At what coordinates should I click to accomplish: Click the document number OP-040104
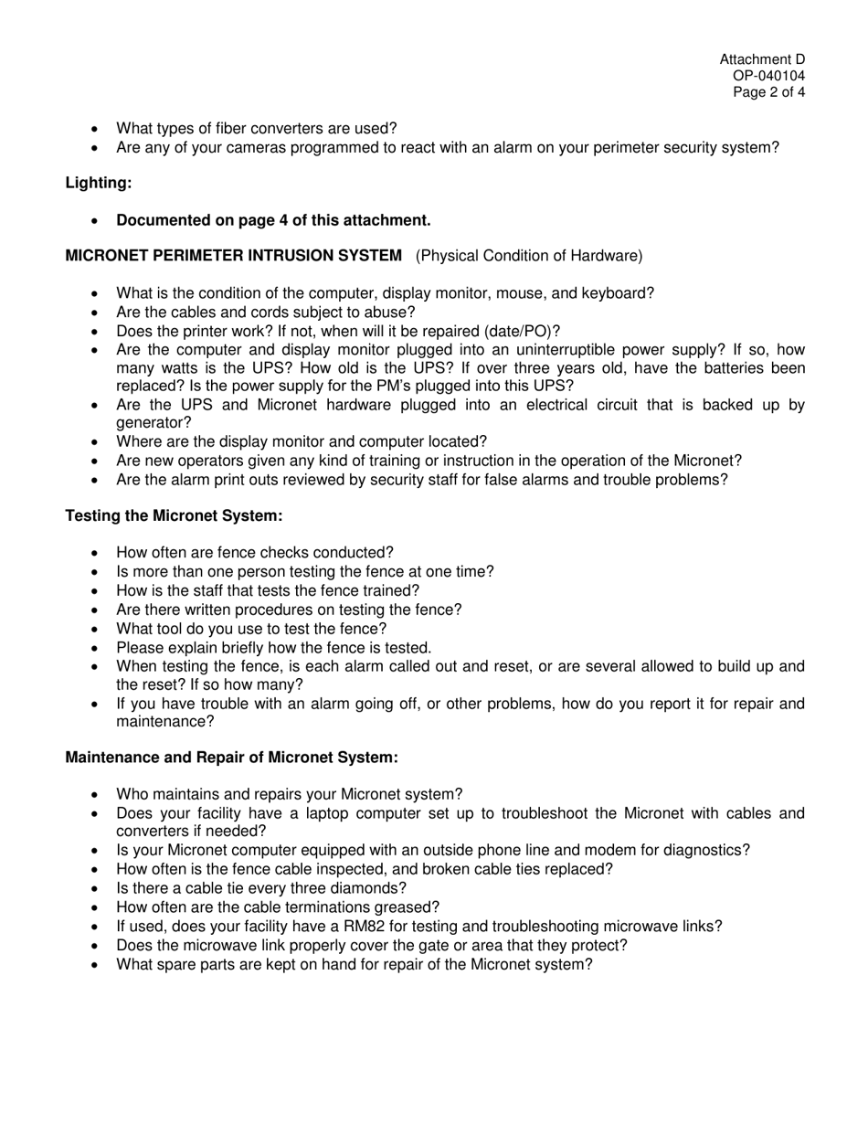(x=768, y=76)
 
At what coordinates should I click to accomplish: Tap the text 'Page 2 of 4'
(x=768, y=92)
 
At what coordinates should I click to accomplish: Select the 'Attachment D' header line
(x=762, y=59)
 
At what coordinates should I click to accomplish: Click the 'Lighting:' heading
(x=99, y=183)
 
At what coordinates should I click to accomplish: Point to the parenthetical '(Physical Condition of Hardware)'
(x=529, y=256)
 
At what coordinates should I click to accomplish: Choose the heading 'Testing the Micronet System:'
(x=174, y=515)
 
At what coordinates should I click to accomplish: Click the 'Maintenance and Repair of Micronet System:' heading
(x=231, y=758)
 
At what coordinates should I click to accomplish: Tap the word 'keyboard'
(x=619, y=293)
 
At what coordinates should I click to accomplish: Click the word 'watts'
(x=175, y=368)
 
